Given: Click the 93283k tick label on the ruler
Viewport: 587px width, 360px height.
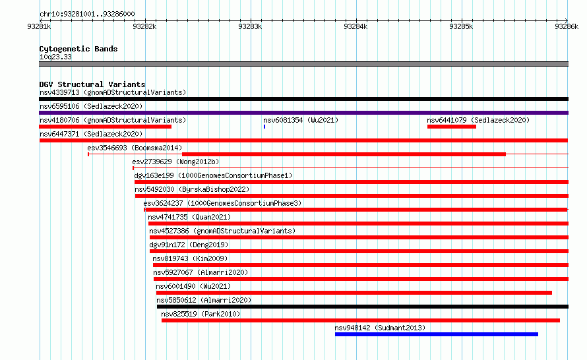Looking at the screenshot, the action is coord(250,26).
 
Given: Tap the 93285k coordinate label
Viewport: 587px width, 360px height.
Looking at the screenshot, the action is coord(461,26).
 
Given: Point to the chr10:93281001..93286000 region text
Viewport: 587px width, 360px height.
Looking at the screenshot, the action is coord(87,14).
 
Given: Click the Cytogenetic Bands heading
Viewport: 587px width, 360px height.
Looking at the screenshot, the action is coord(78,49).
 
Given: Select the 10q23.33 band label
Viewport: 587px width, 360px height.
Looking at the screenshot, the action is coord(55,57).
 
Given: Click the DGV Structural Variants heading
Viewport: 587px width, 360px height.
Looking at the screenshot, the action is coord(92,84).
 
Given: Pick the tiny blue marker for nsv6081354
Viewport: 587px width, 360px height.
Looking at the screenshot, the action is coord(264,127).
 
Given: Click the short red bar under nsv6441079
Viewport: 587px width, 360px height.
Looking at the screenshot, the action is coord(452,127).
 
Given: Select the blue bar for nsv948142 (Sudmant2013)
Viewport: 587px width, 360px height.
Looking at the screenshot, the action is coord(437,334).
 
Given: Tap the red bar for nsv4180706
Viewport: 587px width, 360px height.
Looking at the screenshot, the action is coord(105,127).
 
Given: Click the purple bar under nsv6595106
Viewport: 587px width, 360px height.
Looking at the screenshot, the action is coord(303,113).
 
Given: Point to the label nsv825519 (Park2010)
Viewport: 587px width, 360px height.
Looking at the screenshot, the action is coord(201,314).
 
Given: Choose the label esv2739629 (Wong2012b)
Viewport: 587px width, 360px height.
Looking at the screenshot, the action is coord(175,162).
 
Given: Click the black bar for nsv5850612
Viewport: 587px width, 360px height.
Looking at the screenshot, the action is coord(362,307).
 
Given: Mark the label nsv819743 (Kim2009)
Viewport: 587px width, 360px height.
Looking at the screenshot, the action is coord(190,258).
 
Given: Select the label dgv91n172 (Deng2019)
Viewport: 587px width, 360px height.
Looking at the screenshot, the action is coord(189,245).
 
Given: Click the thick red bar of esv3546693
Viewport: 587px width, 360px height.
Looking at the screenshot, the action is coord(344,154).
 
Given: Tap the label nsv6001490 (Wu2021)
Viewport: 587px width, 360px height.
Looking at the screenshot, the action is coord(193,286).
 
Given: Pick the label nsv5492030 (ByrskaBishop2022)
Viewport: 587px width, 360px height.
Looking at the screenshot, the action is coord(192,189).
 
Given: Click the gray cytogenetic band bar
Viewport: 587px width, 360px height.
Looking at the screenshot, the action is coord(303,64).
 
